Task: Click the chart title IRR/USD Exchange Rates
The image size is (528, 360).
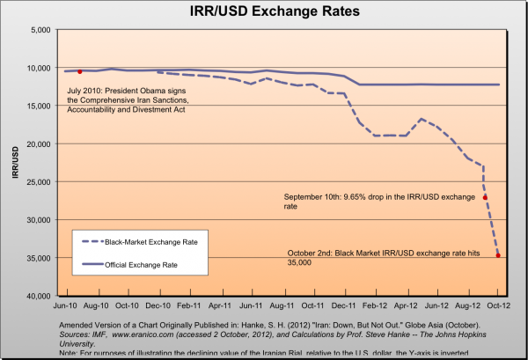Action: (264, 13)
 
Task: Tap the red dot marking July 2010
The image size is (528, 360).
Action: (80, 71)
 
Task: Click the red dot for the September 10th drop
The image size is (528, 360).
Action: (485, 197)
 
